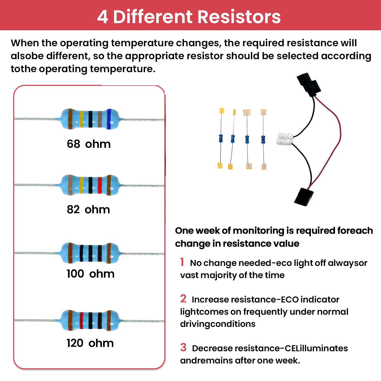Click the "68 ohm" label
click(x=89, y=144)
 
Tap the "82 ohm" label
click(x=88, y=210)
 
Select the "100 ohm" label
click(x=90, y=274)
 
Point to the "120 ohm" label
click(x=90, y=343)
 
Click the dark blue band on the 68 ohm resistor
click(x=109, y=119)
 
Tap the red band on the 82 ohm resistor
click(x=100, y=185)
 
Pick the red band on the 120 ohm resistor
click(x=82, y=320)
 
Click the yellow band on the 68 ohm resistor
click(x=82, y=119)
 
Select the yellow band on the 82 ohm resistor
click(x=82, y=185)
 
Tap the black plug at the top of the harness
click(x=309, y=85)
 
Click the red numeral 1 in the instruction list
click(x=182, y=262)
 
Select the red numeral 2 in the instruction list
click(x=183, y=299)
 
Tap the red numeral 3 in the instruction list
click(x=183, y=347)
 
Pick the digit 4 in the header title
click(x=103, y=17)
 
